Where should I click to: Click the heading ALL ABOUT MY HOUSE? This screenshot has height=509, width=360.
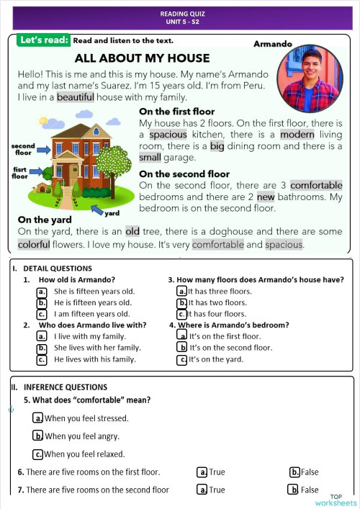(142, 58)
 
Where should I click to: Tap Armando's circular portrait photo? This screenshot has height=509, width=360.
(307, 80)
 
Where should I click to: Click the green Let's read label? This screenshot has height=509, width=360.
(43, 40)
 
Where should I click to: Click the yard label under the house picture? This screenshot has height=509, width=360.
(112, 214)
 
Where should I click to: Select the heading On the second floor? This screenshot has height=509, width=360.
(184, 174)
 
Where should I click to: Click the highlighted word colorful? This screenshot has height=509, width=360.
(34, 244)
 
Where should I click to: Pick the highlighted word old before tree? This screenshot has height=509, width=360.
(132, 232)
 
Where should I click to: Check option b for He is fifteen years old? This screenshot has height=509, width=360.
(42, 302)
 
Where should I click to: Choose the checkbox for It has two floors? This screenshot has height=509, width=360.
(182, 302)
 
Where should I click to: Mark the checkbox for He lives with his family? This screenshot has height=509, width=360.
(42, 359)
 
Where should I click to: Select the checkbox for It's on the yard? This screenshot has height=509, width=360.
(183, 359)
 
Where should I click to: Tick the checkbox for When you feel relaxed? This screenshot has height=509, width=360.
(38, 454)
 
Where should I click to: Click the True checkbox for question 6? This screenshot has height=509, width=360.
(203, 472)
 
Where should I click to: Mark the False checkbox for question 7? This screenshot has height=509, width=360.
(293, 490)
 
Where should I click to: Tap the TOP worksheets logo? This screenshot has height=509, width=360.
(342, 500)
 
